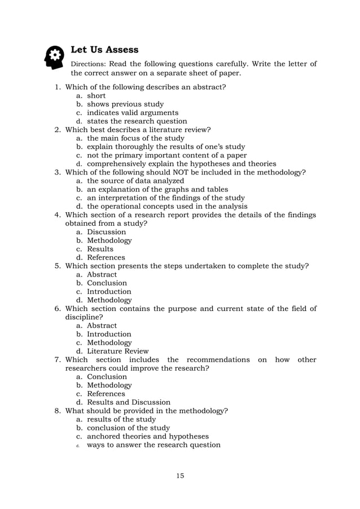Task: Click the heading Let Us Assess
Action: [104, 50]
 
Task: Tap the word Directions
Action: [89, 64]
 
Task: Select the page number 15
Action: [179, 476]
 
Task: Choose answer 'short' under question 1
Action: [96, 96]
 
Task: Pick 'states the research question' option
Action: [137, 121]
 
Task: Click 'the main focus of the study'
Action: [135, 138]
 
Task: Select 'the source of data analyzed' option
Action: [135, 181]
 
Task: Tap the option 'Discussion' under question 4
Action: [106, 232]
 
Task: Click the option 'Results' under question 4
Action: [100, 249]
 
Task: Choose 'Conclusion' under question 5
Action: [107, 283]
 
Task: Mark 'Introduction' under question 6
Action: [109, 334]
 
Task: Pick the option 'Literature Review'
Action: [118, 351]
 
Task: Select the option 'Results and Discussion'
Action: [128, 402]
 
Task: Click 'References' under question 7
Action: [106, 394]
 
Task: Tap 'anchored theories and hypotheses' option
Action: [147, 436]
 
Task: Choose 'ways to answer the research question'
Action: [153, 445]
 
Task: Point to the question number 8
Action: [58, 411]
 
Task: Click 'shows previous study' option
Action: [125, 104]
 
